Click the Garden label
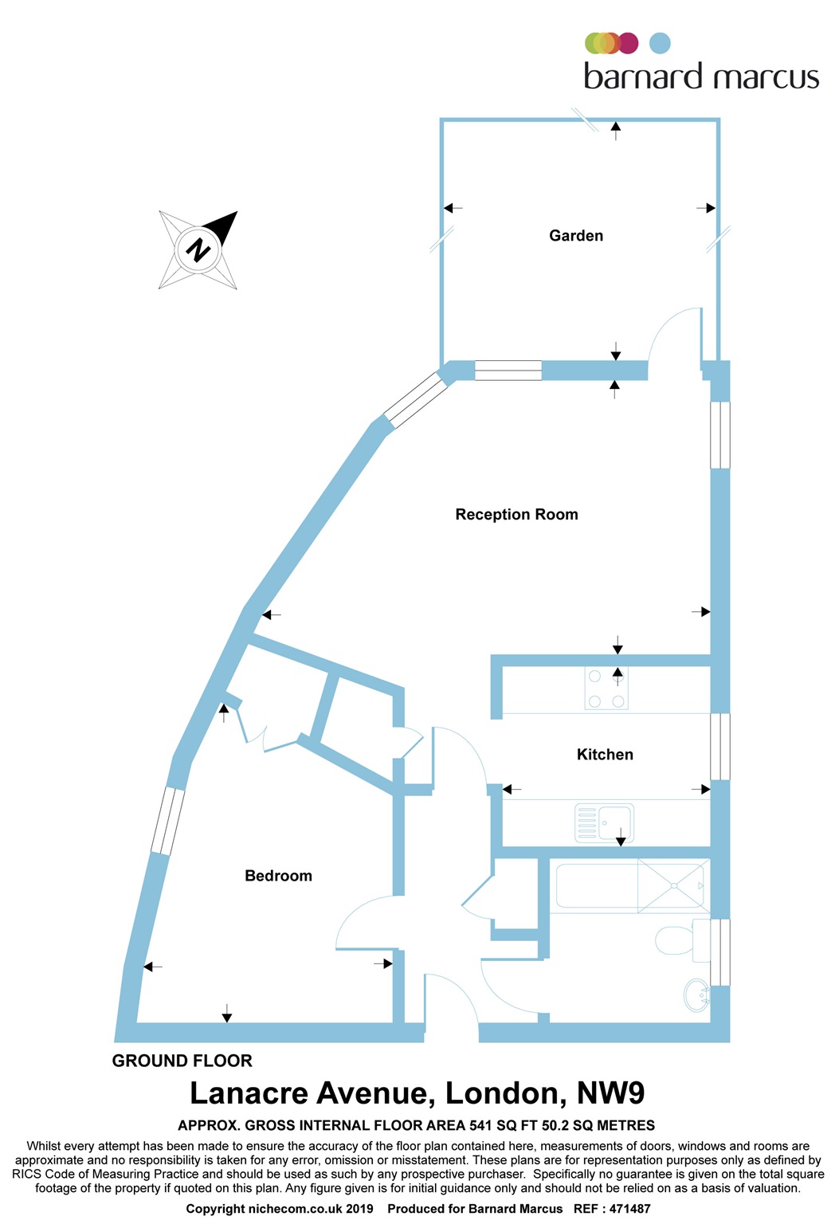[x=576, y=236]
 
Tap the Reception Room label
[x=516, y=515]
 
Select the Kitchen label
[x=605, y=755]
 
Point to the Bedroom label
[x=278, y=876]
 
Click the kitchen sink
[x=605, y=822]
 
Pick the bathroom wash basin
[x=696, y=996]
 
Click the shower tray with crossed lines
[x=672, y=885]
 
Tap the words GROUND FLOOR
[x=182, y=1061]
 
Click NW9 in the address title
[x=610, y=1093]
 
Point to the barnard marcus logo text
[x=701, y=76]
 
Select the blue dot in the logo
[x=660, y=43]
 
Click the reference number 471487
[x=629, y=1209]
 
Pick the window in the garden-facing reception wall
[x=508, y=371]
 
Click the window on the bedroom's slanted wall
[x=168, y=821]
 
